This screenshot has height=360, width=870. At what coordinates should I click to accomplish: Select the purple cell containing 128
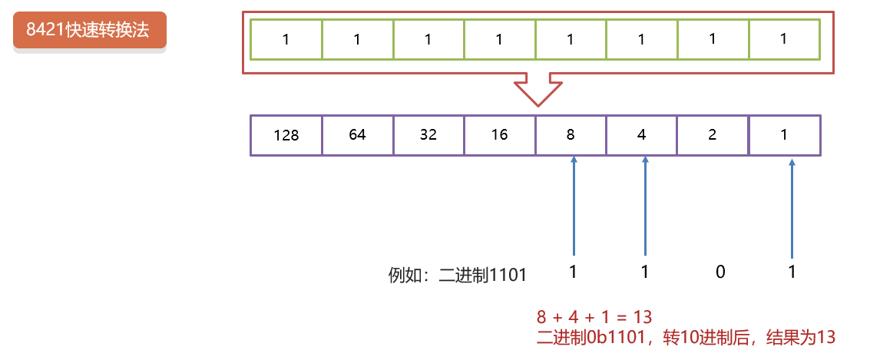[286, 135]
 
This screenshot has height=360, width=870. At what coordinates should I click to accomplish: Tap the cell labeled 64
[357, 135]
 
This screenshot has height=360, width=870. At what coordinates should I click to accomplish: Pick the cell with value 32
[428, 135]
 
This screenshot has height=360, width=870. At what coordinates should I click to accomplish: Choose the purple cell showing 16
[499, 135]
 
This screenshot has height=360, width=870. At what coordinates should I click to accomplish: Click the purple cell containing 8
[571, 135]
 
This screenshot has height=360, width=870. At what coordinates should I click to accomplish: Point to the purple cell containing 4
[642, 135]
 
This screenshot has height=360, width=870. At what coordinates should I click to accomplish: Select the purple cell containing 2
[713, 135]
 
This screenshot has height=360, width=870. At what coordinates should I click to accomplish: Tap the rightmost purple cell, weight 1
[784, 135]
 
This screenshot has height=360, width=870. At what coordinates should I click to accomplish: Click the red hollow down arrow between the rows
[538, 89]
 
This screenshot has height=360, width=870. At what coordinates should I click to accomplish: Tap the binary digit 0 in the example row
[720, 271]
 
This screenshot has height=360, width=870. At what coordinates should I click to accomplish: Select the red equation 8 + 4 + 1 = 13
[594, 316]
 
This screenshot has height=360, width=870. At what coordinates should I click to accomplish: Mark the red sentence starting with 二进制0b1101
[686, 336]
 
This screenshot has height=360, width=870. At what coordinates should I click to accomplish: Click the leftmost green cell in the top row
[286, 39]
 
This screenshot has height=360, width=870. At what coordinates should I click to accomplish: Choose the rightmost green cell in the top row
[784, 39]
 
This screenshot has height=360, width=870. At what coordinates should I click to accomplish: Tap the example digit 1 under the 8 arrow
[574, 271]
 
